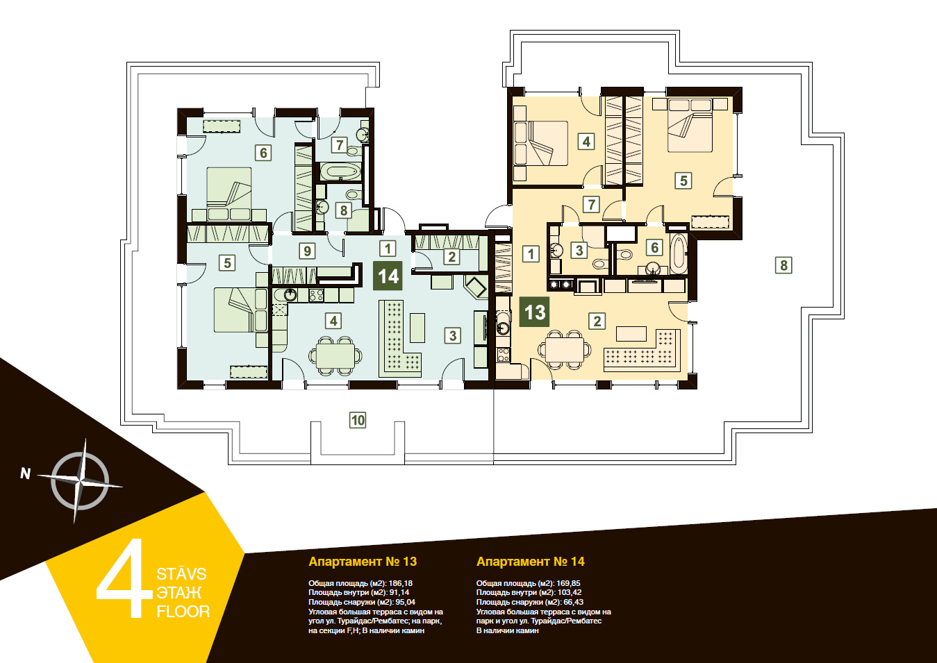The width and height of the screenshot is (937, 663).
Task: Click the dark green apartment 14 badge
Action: tap(388, 276)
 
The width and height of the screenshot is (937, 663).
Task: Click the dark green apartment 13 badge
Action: tap(534, 312)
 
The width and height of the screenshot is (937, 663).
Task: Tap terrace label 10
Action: tap(358, 420)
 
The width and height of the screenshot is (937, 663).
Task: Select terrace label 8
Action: tap(783, 265)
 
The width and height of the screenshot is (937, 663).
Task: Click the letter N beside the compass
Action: tap(26, 473)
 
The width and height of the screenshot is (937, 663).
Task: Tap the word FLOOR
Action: tap(183, 612)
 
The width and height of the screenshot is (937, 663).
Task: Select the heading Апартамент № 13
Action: tap(363, 562)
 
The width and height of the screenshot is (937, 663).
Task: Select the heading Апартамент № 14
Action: tap(531, 562)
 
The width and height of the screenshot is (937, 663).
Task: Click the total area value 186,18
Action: tap(400, 583)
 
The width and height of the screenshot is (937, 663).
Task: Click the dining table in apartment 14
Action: tap(335, 355)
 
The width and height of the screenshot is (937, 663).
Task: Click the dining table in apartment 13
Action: tap(565, 349)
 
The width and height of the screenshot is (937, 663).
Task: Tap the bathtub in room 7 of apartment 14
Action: tap(339, 171)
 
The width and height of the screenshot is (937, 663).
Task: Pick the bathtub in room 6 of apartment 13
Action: tap(679, 253)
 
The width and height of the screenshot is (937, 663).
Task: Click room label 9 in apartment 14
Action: tap(307, 251)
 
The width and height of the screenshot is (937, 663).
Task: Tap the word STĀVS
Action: tap(181, 574)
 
